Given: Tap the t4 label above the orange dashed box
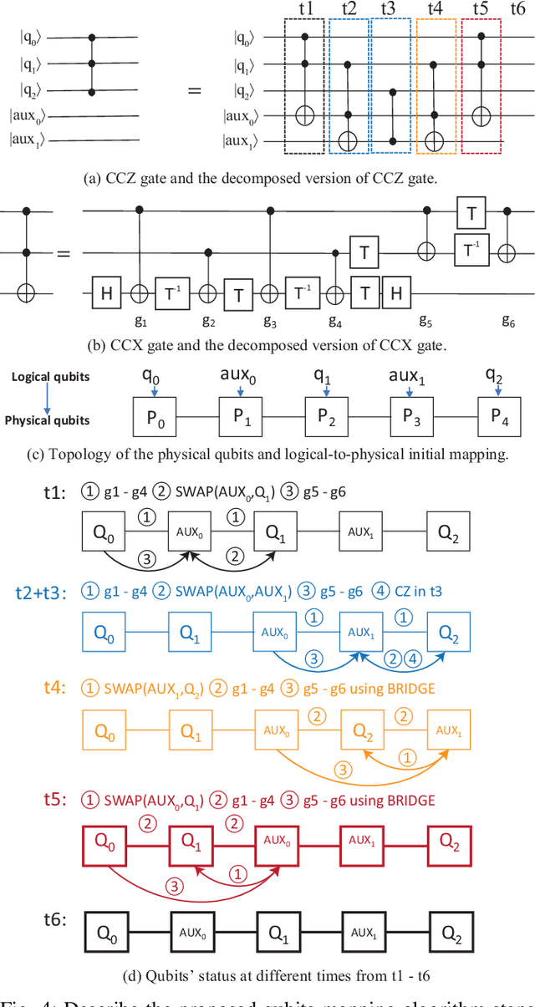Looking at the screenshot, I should coord(435,9).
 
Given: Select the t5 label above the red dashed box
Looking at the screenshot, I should coord(481,9).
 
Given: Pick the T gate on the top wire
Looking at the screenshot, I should coord(471,215).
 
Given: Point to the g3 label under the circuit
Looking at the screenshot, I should coord(269,319).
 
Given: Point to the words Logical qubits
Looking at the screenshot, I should coord(50,377).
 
